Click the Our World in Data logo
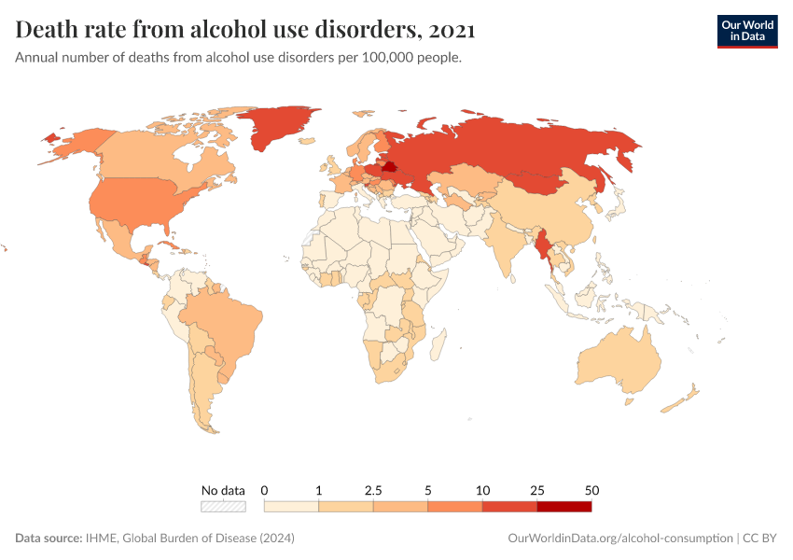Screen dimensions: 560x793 [746, 31]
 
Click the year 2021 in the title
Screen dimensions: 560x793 [453, 31]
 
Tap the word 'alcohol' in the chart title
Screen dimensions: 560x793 [240, 31]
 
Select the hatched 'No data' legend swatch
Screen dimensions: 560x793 [223, 506]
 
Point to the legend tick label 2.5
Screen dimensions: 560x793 [373, 490]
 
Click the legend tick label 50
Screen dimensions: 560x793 [591, 490]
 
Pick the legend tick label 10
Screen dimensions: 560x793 [482, 490]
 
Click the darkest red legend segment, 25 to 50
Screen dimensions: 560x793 [563, 506]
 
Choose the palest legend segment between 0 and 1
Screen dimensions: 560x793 [292, 506]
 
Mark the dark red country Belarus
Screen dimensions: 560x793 [389, 169]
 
